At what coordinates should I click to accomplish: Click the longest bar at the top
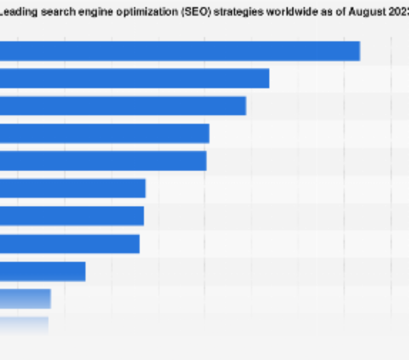point(180,51)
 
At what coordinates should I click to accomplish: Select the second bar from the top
point(134,78)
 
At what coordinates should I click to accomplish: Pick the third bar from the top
point(123,106)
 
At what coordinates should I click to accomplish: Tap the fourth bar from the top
point(104,133)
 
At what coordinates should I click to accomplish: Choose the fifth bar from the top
point(103,161)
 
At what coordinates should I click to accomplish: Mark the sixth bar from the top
point(73,188)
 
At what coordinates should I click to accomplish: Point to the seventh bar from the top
point(72,216)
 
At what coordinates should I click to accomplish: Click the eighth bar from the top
point(70,244)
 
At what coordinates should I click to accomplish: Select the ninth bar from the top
point(42,271)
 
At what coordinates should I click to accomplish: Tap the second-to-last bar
point(25,299)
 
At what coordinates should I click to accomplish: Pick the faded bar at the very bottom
point(24,325)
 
